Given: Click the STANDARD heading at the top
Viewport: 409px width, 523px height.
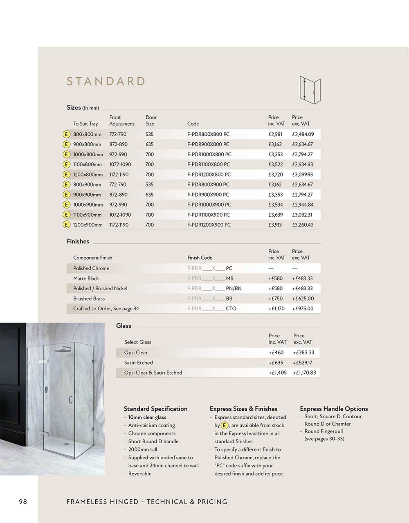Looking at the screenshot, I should tap(106, 81).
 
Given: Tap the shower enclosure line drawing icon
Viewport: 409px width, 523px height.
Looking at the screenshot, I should tap(310, 88).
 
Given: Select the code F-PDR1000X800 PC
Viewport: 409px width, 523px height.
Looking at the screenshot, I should tap(209, 155).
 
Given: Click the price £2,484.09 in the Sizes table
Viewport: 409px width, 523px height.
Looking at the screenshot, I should tap(303, 135).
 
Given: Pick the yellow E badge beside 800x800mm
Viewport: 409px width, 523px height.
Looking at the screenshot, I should tap(66, 135).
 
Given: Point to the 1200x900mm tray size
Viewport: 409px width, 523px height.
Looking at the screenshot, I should tap(88, 225).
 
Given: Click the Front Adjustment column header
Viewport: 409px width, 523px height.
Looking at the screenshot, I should tap(121, 121).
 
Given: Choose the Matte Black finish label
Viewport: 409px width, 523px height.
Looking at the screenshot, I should tap(86, 278).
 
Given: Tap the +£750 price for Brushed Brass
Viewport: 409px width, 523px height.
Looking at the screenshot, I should tap(275, 299).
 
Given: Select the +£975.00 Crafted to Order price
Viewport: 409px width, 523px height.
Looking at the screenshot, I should tap(303, 309).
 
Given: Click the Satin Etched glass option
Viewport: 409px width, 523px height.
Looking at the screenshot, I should tap(139, 363).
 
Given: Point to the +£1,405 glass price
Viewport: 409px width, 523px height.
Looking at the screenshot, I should tap(277, 373).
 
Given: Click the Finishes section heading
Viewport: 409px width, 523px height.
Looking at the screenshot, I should tap(78, 242).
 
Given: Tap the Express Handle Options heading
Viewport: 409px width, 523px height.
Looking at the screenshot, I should tap(334, 409).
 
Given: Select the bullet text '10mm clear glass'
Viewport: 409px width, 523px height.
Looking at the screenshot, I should tap(147, 418).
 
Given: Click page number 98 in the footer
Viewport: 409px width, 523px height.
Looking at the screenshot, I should tap(23, 502).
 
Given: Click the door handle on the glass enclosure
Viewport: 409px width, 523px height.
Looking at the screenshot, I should tap(71, 400).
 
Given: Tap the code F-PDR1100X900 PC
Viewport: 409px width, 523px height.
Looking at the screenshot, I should tap(209, 215).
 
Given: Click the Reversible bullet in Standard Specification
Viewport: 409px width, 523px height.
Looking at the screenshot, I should tap(139, 474).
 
